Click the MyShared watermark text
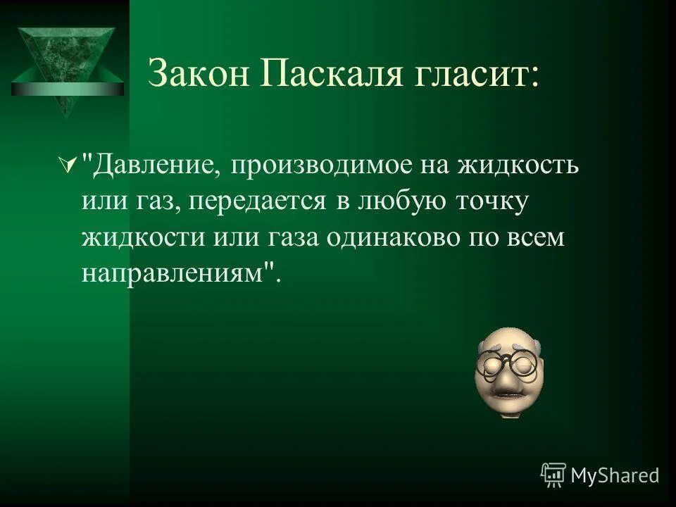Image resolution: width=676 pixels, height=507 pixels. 615,475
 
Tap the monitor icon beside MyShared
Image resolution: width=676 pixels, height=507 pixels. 553,475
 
